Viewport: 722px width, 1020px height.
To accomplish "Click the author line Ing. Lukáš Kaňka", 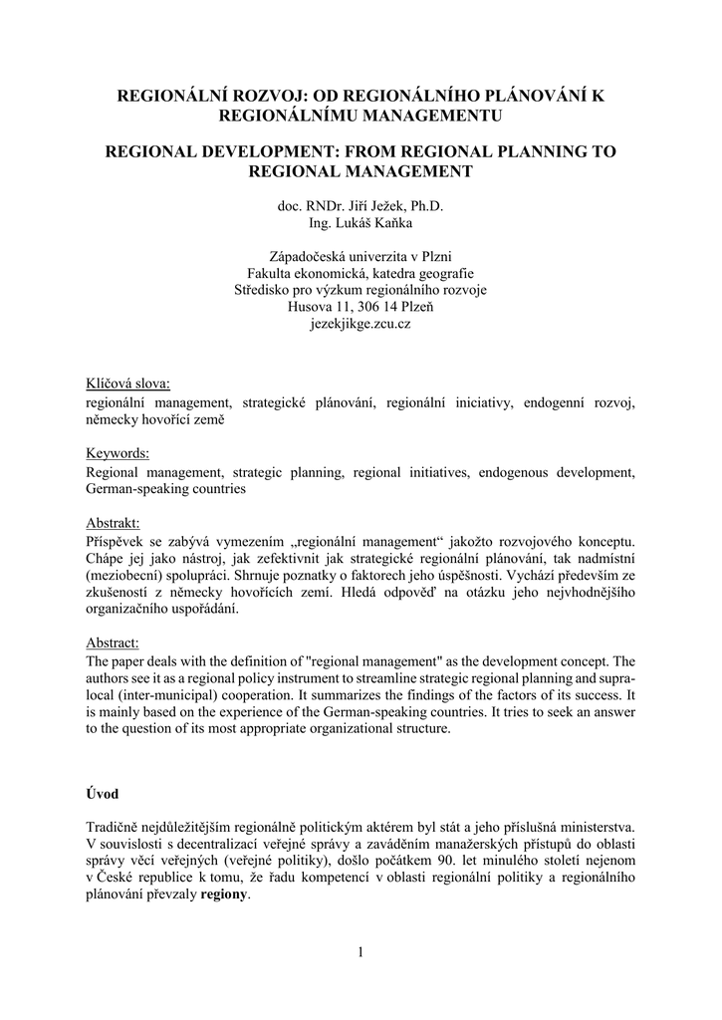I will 361,223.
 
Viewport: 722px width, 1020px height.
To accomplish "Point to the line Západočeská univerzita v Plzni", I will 361,256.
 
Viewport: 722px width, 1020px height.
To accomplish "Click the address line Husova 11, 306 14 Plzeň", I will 361,307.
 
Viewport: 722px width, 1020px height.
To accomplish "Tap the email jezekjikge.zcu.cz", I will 361,324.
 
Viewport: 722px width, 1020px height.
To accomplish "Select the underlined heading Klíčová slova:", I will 128,383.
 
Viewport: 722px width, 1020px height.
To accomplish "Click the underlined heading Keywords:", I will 118,453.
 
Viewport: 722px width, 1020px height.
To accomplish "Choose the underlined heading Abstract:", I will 113,643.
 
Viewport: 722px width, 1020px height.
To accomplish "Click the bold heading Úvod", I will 102,794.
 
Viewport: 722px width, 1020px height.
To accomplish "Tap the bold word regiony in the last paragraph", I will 226,893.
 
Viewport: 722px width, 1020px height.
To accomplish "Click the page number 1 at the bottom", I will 361,953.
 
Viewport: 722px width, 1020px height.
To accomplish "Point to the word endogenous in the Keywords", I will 516,472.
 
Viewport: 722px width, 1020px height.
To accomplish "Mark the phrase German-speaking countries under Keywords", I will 166,489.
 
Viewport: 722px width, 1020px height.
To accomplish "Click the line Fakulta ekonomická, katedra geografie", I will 361,273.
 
